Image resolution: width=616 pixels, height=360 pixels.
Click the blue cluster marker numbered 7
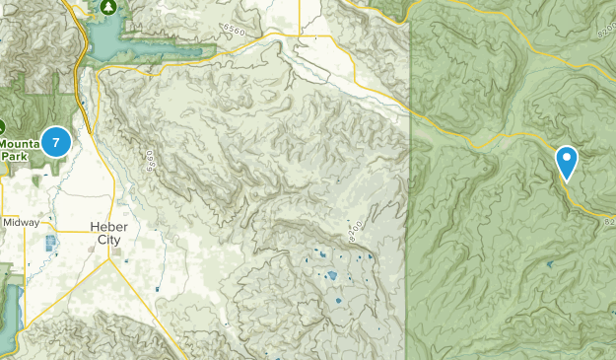pos(56,143)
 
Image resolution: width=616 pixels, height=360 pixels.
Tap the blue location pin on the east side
pos(567,161)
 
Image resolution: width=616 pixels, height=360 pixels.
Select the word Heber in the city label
pos(109,226)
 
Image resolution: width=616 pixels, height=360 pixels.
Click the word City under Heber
pos(108,239)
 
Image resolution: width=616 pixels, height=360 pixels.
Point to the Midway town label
pos(21,223)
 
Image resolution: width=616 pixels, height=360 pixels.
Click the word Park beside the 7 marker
pos(15,156)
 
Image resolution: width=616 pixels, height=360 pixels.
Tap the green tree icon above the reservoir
pos(109,6)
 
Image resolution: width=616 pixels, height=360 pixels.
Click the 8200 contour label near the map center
pos(355,231)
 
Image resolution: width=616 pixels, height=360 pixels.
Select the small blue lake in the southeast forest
pos(548,265)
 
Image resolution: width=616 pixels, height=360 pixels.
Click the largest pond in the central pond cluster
pos(332,276)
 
